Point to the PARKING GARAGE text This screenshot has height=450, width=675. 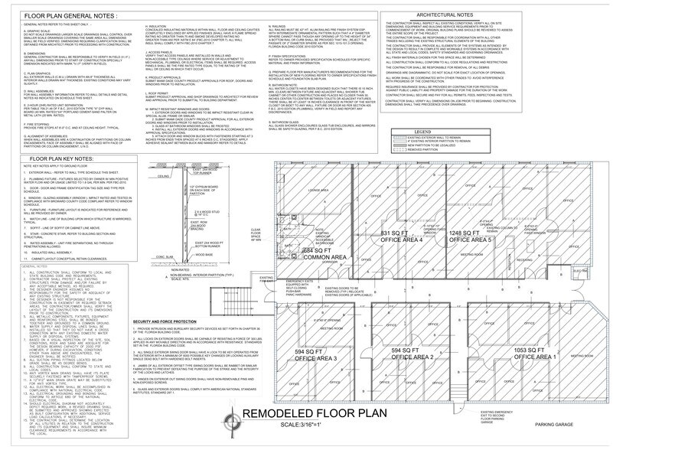tap(555, 426)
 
